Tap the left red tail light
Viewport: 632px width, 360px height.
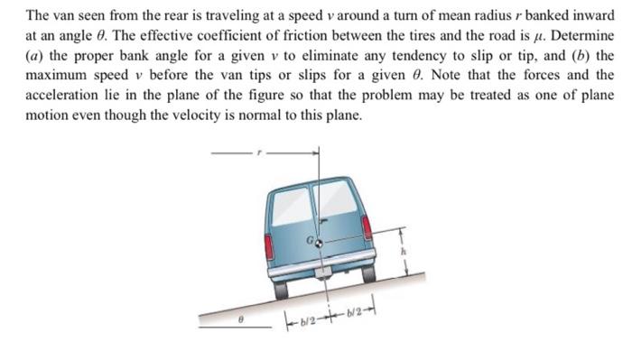pyautogui.click(x=268, y=246)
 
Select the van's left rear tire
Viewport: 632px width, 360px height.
pyautogui.click(x=282, y=289)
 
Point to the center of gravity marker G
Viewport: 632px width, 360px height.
pyautogui.click(x=318, y=243)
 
